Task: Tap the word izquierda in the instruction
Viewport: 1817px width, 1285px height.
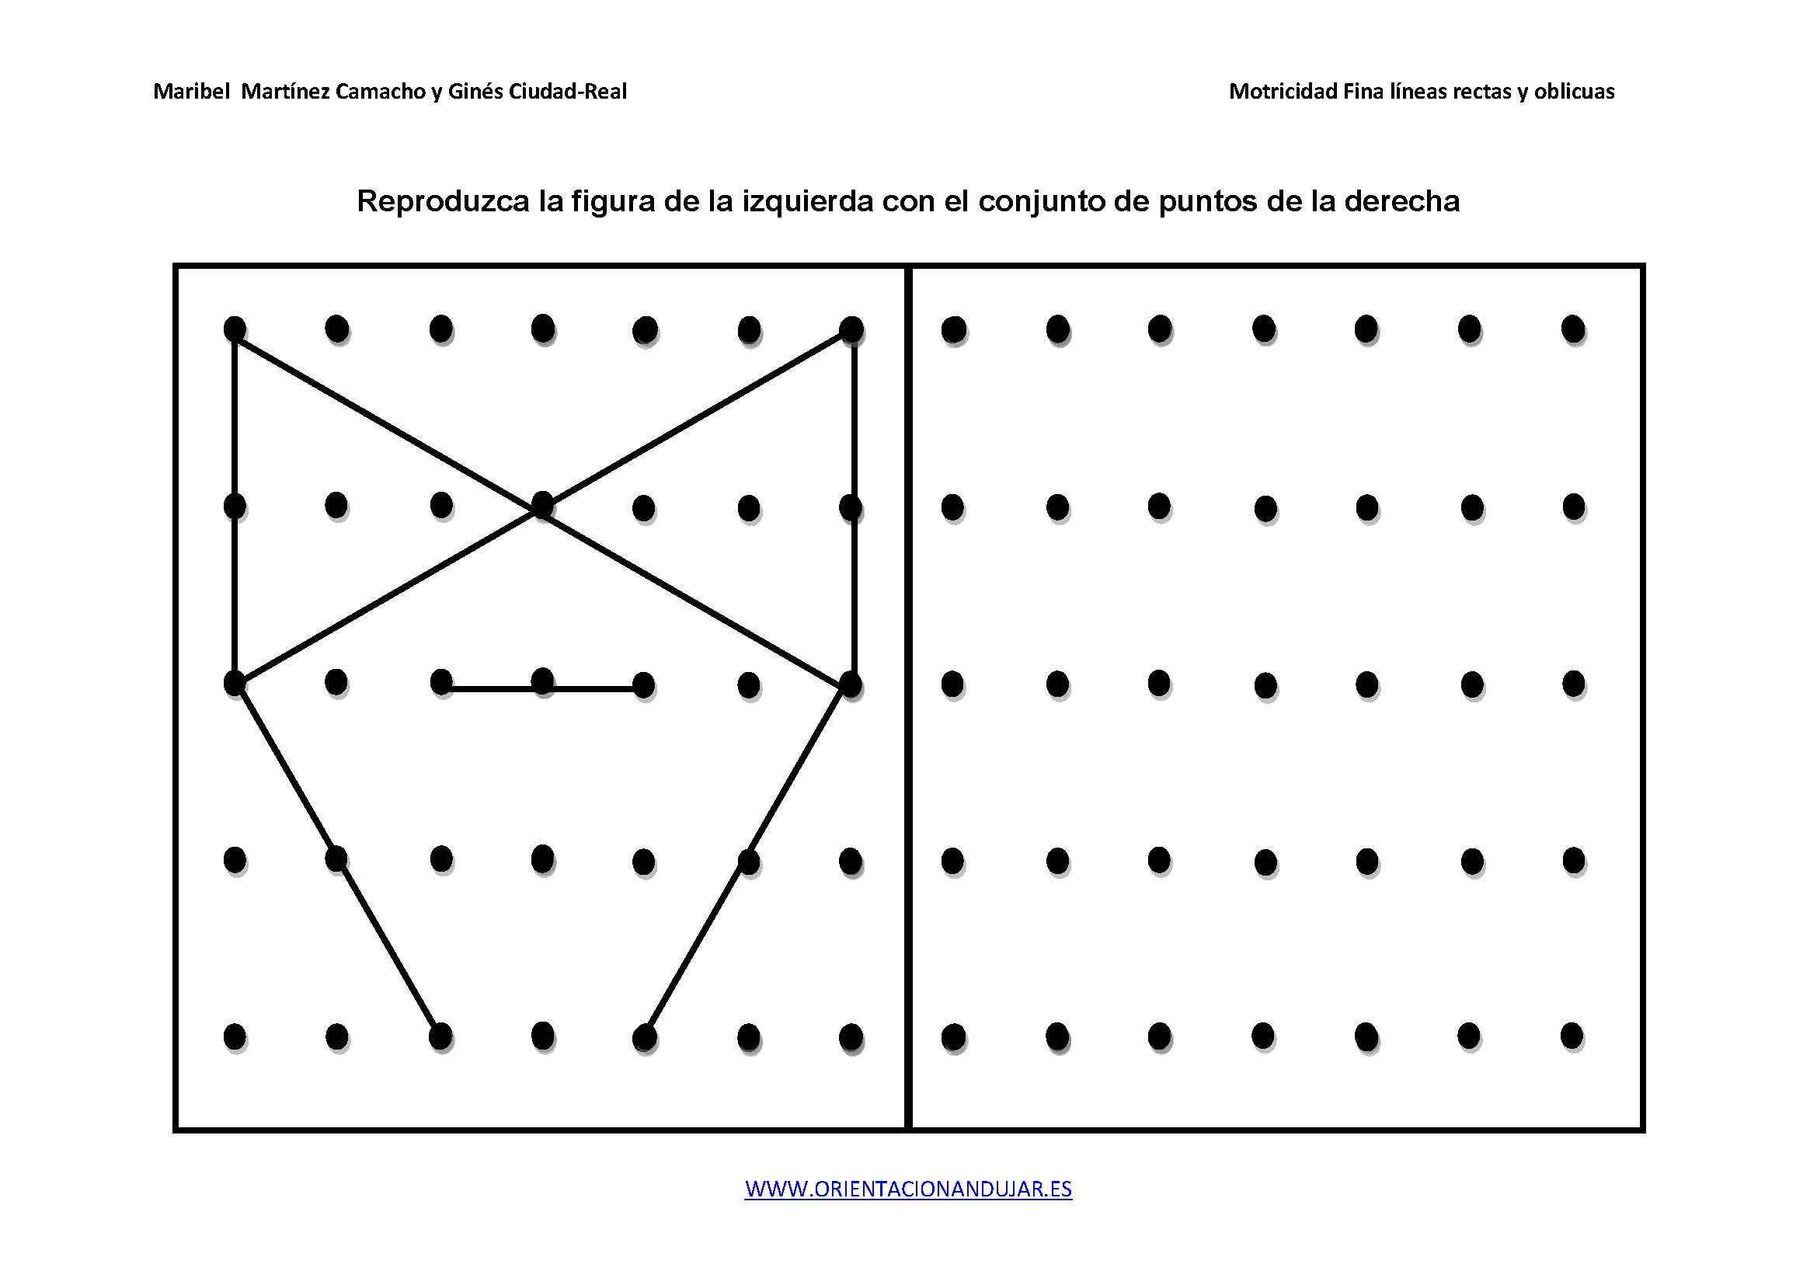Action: point(807,202)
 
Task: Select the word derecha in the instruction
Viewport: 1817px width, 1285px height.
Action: point(1401,201)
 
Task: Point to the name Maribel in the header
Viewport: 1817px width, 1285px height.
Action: point(192,92)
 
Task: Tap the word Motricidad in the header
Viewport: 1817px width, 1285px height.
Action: point(1283,92)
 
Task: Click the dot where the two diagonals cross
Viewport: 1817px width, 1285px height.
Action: point(542,504)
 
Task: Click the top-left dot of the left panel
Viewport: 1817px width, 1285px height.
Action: point(235,329)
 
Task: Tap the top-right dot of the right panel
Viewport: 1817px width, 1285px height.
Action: point(1572,329)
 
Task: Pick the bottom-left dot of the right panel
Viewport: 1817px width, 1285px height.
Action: point(953,1036)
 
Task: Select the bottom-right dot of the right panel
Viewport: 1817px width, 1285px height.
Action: point(1572,1035)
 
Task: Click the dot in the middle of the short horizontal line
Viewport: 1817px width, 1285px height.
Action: point(542,681)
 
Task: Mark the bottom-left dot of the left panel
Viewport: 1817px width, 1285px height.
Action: point(235,1036)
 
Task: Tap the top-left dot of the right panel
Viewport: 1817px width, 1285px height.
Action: point(954,329)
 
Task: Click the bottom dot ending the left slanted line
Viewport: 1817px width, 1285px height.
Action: point(440,1035)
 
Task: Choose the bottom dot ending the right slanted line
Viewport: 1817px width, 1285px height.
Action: point(644,1036)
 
